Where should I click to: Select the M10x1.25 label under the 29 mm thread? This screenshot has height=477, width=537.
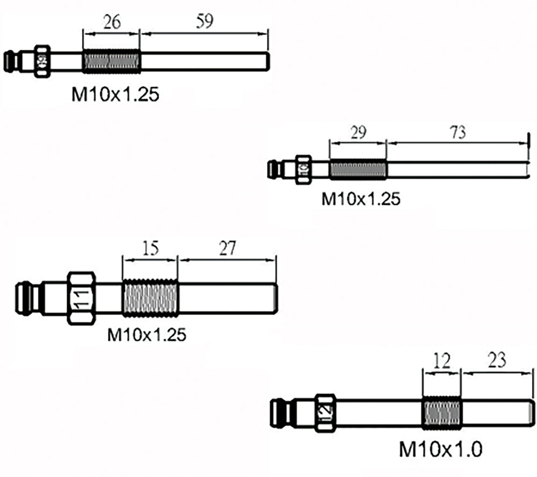[361, 199]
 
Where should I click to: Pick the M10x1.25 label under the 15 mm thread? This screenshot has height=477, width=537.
[147, 335]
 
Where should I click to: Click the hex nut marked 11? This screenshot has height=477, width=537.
[82, 298]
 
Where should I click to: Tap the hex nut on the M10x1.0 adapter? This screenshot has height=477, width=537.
[325, 413]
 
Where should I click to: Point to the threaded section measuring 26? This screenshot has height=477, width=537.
[111, 62]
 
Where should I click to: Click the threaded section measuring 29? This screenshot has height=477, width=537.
[358, 169]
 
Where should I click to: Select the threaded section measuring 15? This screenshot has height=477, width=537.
[150, 298]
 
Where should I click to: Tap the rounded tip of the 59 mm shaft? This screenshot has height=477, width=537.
[266, 62]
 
